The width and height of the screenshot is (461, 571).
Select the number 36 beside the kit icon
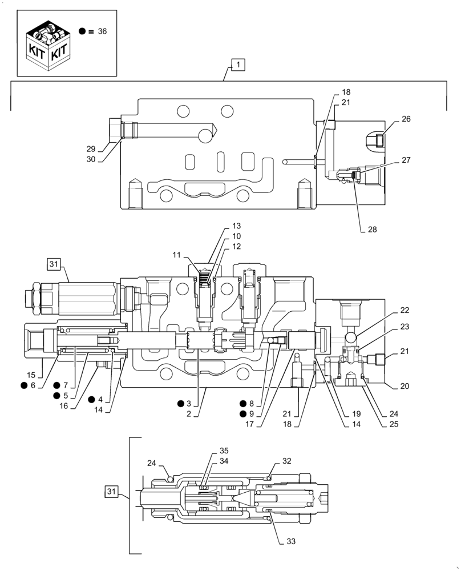pyautogui.click(x=102, y=31)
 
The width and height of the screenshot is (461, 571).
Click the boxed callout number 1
pyautogui.click(x=238, y=65)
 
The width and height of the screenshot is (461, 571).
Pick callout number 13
pyautogui.click(x=236, y=226)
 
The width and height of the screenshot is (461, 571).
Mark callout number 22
pyautogui.click(x=405, y=310)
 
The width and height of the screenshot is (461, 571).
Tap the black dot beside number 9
pyautogui.click(x=244, y=413)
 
